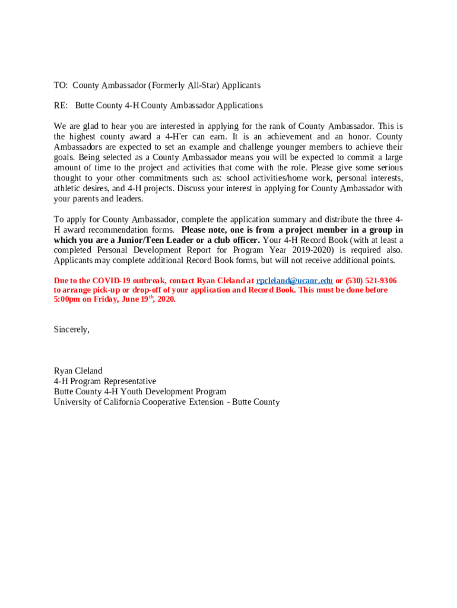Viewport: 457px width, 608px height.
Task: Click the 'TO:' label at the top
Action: (x=61, y=85)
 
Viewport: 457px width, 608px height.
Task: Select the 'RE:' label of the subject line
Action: (x=61, y=106)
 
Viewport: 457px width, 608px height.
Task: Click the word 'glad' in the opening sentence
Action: (x=93, y=126)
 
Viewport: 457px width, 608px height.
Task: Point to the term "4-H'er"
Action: (x=177, y=137)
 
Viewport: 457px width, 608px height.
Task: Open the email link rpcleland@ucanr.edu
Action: (x=294, y=281)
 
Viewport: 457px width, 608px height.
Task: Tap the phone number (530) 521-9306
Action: (x=371, y=281)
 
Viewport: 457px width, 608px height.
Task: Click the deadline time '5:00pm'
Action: (x=66, y=299)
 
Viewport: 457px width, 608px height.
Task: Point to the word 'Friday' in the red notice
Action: (x=104, y=299)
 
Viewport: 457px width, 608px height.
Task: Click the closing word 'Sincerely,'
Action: (x=72, y=330)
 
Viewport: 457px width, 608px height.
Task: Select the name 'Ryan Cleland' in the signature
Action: (x=78, y=371)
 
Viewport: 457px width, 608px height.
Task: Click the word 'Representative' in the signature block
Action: (x=130, y=381)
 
